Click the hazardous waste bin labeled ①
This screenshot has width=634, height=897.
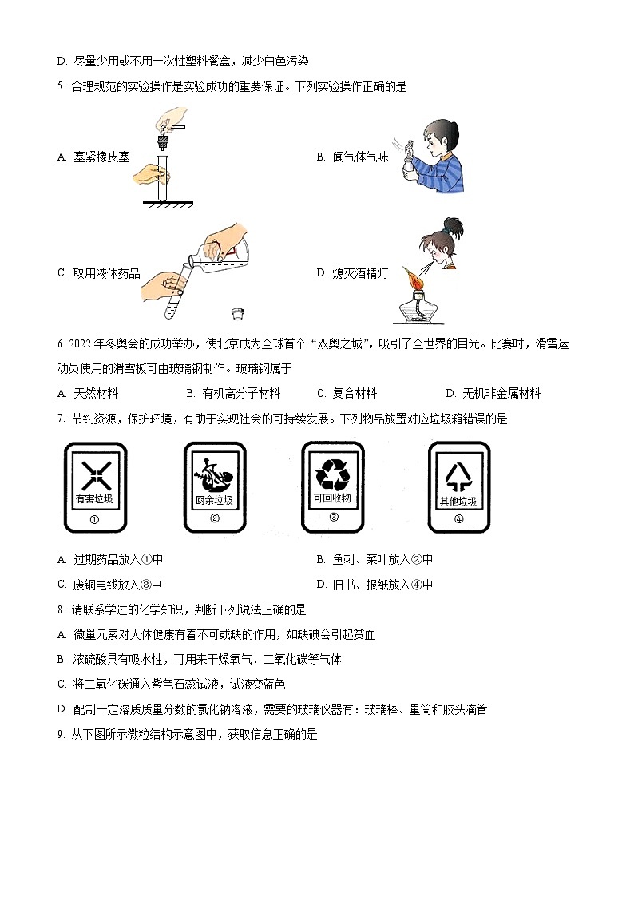(94, 486)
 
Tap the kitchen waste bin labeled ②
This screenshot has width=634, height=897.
(214, 486)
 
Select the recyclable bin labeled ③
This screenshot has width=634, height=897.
(332, 486)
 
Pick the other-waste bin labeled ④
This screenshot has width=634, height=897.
(458, 486)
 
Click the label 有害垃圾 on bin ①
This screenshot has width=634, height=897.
(94, 499)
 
